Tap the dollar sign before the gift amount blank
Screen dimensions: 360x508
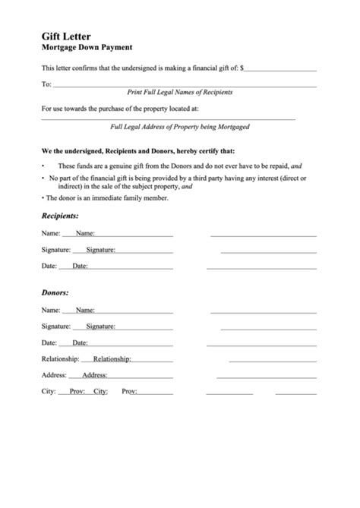(242, 69)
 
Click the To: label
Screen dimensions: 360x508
(46, 84)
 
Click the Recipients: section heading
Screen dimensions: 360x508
(60, 216)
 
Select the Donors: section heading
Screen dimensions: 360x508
(55, 292)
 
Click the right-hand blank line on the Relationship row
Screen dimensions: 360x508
(263, 359)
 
